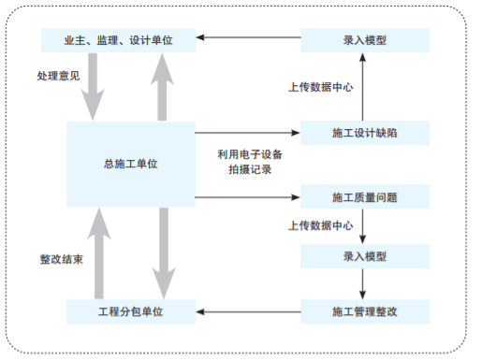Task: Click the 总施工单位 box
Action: coord(130,164)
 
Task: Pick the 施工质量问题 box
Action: coord(365,196)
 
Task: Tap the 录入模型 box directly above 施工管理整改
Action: coord(365,255)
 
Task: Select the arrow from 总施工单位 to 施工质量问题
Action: coord(248,196)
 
